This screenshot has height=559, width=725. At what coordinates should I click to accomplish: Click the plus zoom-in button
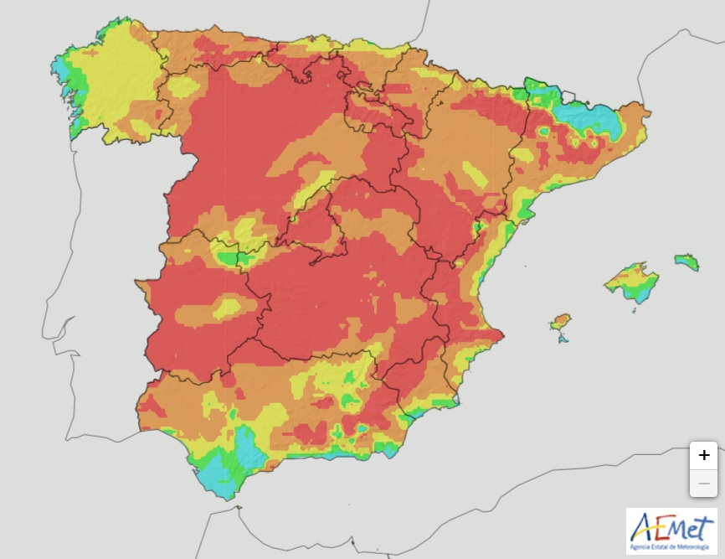coord(704,455)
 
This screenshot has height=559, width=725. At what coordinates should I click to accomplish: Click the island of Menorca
coord(686,261)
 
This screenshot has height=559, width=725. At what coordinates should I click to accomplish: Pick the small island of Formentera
coord(563,338)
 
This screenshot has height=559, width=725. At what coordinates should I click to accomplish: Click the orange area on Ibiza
coord(559,322)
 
